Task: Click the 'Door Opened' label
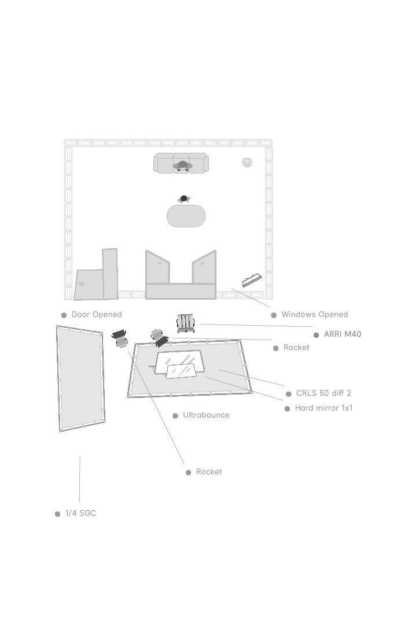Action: [97, 315]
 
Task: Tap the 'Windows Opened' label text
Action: [314, 315]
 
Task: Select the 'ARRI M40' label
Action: [343, 334]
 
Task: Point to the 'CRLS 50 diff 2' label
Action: [324, 393]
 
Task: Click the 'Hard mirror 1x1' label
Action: [324, 408]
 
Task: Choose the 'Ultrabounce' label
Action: [206, 415]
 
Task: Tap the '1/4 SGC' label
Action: [80, 514]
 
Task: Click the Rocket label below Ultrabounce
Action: [209, 472]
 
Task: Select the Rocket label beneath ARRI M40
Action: [296, 348]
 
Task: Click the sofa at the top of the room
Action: [181, 163]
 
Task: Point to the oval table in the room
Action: [186, 216]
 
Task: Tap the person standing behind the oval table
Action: [184, 199]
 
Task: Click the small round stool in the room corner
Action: [247, 162]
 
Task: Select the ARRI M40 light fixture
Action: [186, 323]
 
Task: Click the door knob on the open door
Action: [82, 284]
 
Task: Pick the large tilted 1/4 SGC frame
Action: [80, 378]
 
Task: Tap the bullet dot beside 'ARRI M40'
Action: [316, 335]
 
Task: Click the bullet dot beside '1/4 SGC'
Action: [57, 514]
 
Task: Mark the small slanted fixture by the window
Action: [252, 280]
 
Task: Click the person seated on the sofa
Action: [183, 165]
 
